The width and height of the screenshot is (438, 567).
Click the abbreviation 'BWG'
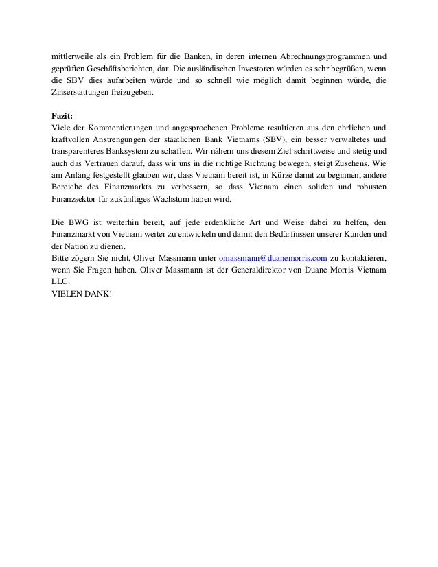[76, 222]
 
